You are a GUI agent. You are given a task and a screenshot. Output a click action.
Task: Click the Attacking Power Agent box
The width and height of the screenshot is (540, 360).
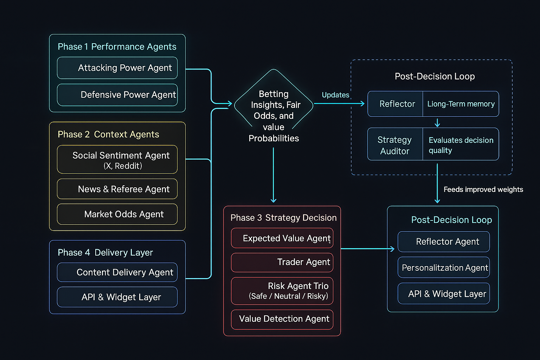[117, 68]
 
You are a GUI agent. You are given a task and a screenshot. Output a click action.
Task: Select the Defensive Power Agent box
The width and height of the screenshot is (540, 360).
[117, 95]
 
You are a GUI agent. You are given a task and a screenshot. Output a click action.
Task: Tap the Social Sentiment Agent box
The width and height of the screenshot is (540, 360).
[117, 159]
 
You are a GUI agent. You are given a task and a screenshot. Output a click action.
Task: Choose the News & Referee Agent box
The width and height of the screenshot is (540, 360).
[117, 189]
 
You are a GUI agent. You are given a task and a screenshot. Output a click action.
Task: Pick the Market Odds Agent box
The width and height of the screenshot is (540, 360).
[117, 214]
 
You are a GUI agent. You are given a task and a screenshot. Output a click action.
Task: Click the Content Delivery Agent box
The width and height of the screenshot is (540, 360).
[117, 272]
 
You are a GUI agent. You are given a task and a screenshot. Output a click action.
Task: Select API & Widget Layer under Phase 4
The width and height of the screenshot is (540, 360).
[117, 297]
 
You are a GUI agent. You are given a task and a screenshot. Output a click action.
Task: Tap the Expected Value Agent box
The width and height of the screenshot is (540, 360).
[282, 238]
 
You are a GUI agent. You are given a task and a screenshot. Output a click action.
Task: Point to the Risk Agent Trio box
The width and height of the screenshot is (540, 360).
[282, 291]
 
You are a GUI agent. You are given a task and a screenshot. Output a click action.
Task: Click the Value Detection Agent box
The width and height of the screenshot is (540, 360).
[282, 319]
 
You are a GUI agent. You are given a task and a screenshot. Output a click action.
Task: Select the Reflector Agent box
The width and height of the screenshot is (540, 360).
[444, 242]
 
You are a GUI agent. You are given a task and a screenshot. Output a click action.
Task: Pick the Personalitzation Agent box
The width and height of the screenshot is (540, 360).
[444, 268]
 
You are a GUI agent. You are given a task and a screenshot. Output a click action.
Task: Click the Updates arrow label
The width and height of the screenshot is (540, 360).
[335, 95]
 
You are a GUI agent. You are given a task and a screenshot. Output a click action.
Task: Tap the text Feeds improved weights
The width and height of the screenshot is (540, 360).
[483, 189]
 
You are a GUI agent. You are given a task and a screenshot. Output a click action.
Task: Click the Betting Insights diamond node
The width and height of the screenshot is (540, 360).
[274, 105]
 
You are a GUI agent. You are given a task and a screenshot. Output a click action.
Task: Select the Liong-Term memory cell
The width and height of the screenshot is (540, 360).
[461, 104]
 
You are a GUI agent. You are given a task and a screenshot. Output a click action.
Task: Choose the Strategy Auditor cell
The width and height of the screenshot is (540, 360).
[395, 145]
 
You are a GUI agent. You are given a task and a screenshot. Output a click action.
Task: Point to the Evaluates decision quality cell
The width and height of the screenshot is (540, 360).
[461, 145]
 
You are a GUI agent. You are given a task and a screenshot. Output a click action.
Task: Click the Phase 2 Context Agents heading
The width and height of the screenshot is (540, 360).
[108, 134]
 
